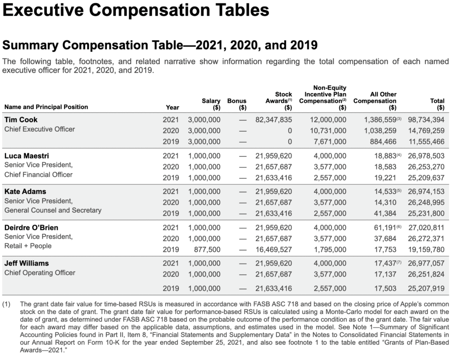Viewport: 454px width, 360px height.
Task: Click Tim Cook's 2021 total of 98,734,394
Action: pos(426,119)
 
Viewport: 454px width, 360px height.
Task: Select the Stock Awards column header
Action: pos(279,101)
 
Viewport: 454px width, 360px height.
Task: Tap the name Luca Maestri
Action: pos(27,156)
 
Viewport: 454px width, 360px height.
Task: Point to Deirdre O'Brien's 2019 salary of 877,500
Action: pos(207,249)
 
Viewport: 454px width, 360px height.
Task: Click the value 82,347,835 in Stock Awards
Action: pos(274,119)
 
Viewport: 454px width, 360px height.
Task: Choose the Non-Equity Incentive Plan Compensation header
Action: pos(323,98)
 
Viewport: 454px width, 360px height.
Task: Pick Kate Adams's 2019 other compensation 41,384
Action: pos(385,213)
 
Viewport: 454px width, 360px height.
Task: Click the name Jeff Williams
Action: pos(27,263)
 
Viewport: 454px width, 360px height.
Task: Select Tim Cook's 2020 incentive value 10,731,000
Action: pos(328,131)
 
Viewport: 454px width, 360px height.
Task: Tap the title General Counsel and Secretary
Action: pos(53,210)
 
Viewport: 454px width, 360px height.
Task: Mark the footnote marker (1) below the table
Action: pos(6,304)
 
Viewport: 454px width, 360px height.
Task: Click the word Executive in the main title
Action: pos(44,10)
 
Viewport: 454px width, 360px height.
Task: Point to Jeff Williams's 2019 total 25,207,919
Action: pos(426,288)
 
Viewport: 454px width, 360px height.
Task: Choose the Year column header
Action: pos(173,107)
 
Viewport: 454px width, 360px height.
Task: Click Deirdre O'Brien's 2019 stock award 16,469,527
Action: pos(274,249)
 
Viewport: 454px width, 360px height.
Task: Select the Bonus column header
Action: pos(237,104)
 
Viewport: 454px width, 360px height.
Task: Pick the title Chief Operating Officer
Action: pos(39,273)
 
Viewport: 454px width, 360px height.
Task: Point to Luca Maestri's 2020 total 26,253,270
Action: pos(426,167)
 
